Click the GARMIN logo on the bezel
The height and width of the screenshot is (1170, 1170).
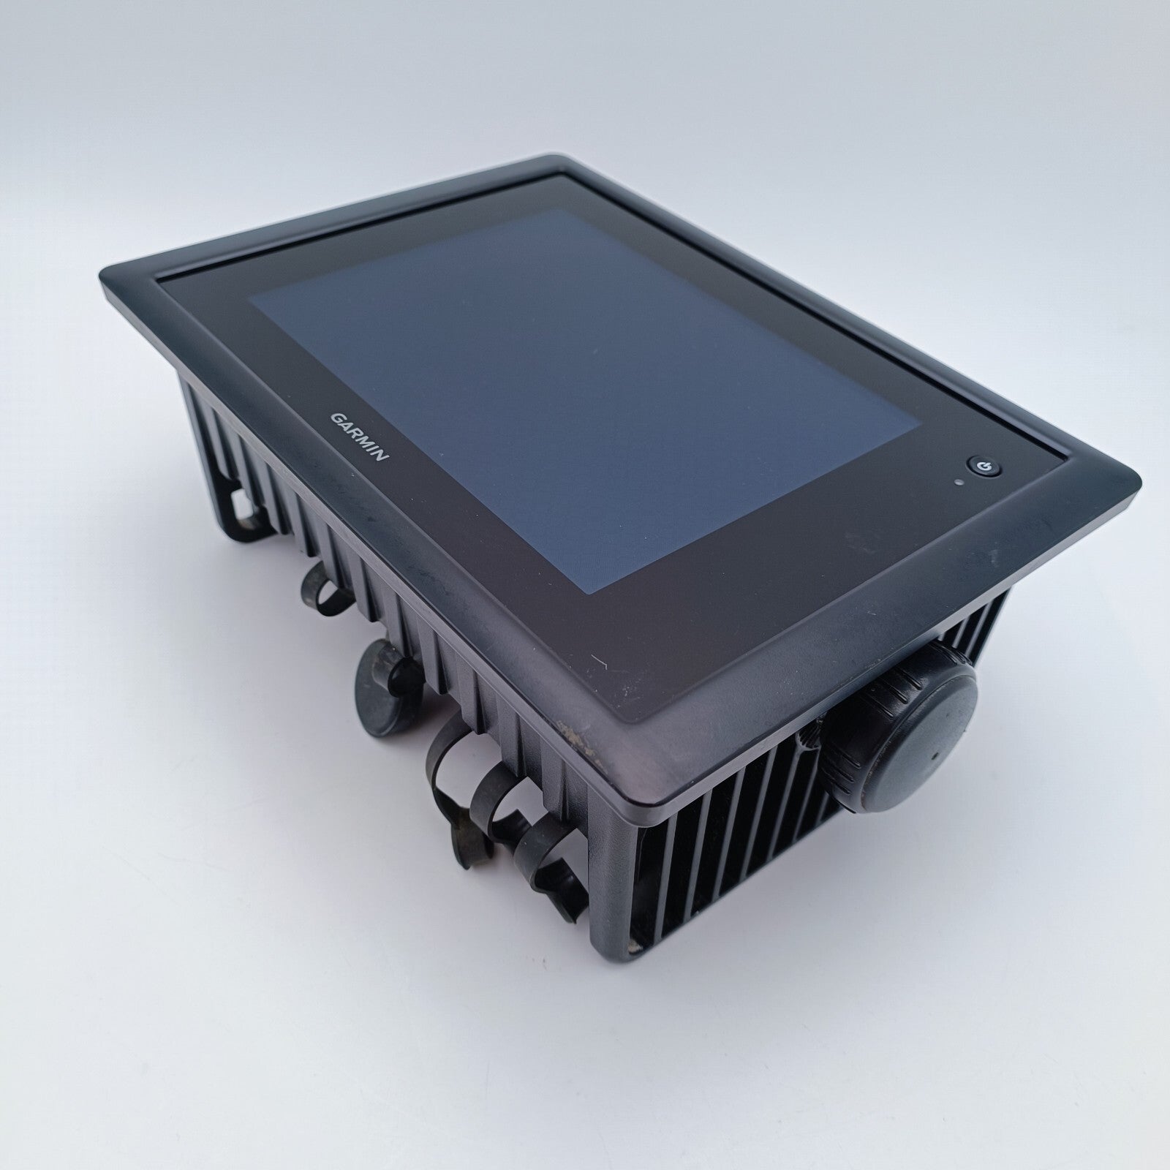pyautogui.click(x=359, y=437)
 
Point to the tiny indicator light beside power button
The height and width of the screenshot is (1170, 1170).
pyautogui.click(x=958, y=483)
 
